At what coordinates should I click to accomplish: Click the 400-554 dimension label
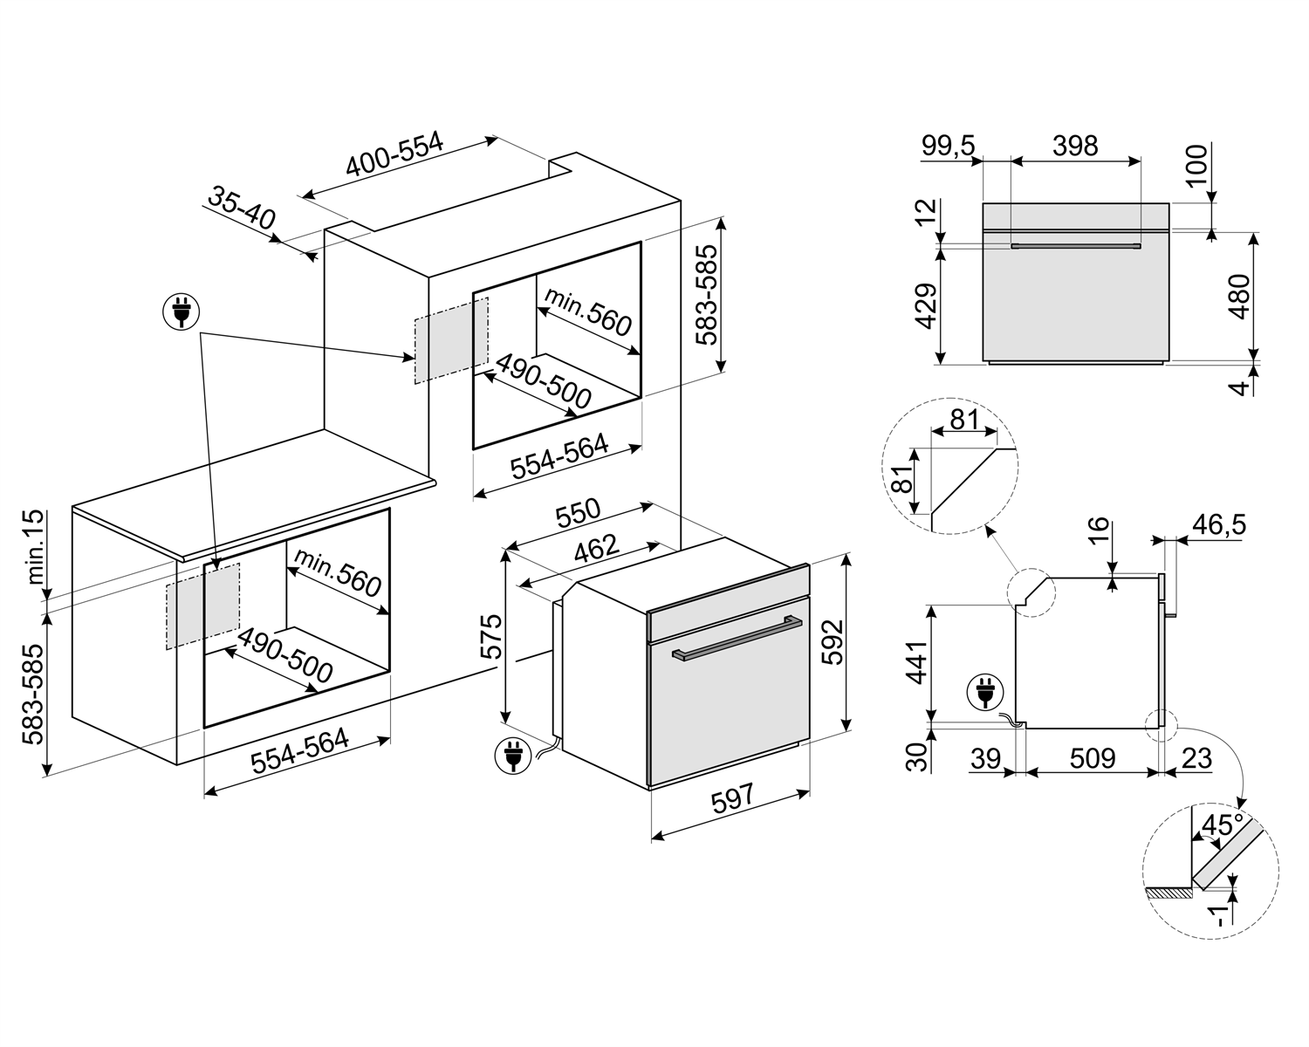(394, 154)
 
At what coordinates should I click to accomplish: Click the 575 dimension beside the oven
(490, 637)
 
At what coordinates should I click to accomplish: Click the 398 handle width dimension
(1074, 146)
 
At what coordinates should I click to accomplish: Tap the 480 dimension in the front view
(1238, 297)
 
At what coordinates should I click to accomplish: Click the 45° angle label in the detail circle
(1222, 825)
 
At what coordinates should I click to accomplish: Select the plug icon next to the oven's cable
(511, 755)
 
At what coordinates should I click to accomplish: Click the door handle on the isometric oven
(737, 640)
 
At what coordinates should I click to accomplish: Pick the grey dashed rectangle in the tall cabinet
(450, 339)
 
